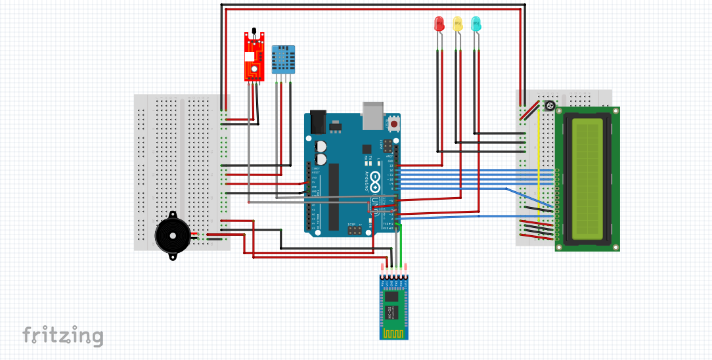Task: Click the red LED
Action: pos(439,24)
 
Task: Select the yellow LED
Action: pos(458,24)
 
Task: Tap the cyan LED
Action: pos(476,24)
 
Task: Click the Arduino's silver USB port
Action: pos(372,114)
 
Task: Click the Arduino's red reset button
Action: pos(394,123)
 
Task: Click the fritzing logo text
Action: pos(63,336)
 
